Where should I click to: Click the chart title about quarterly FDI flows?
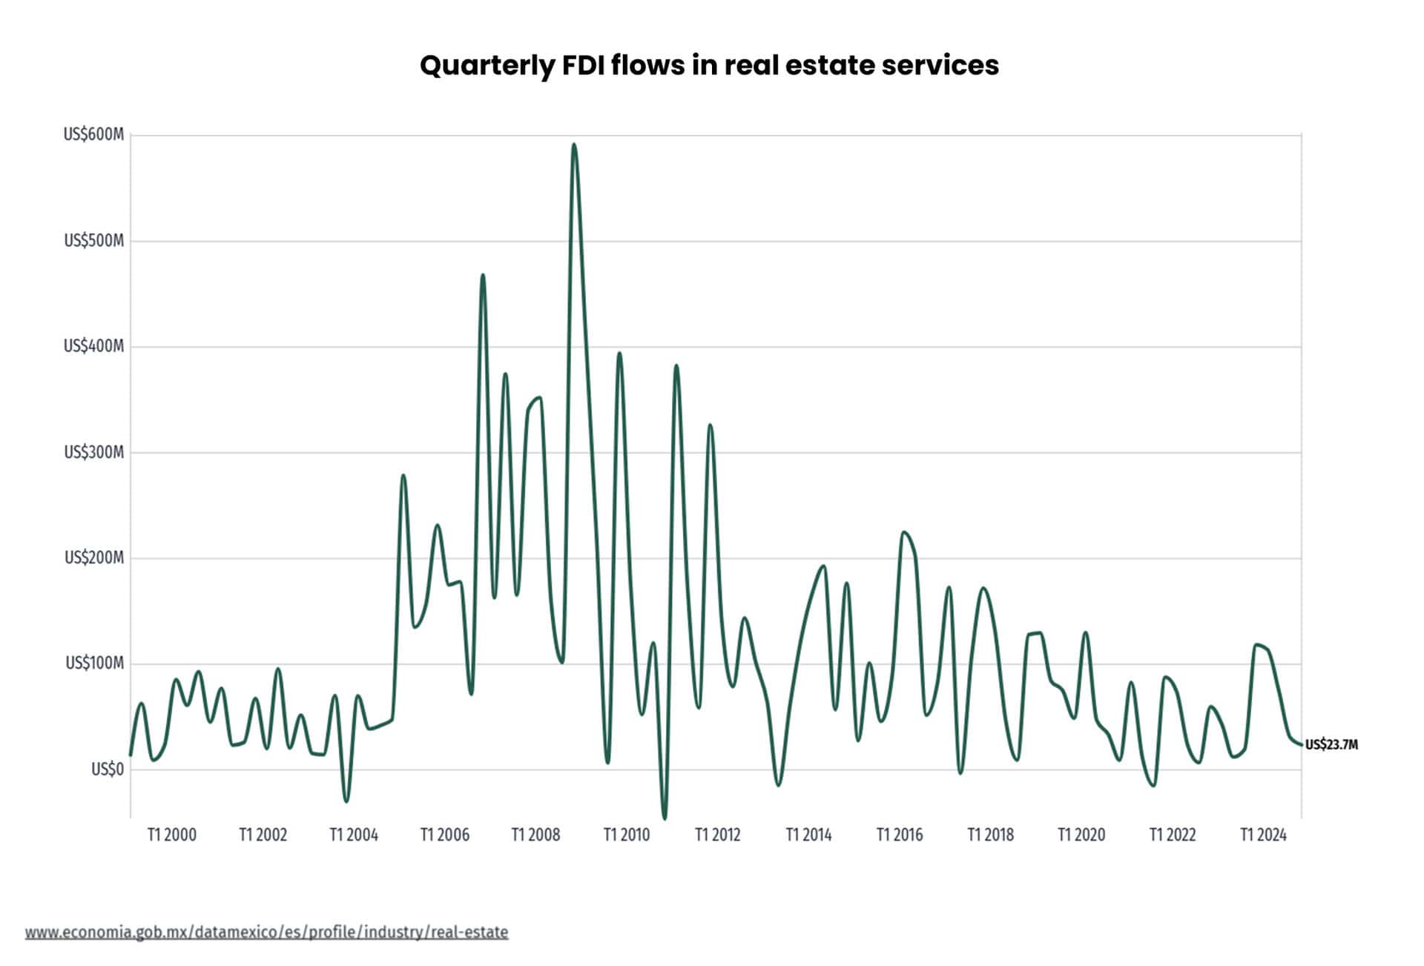pyautogui.click(x=709, y=65)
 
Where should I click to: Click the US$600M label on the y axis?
pyautogui.click(x=93, y=135)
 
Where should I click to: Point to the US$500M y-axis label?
pyautogui.click(x=93, y=241)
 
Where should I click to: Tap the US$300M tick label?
pyautogui.click(x=93, y=452)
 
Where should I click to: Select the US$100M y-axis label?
pyautogui.click(x=94, y=664)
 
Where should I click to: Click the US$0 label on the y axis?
pyautogui.click(x=107, y=770)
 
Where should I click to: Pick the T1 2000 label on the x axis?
pyautogui.click(x=171, y=836)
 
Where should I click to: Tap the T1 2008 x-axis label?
pyautogui.click(x=535, y=836)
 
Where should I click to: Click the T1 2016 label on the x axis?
pyautogui.click(x=900, y=836)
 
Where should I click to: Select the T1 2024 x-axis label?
pyautogui.click(x=1264, y=836)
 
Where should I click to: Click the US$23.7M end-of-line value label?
pyautogui.click(x=1331, y=745)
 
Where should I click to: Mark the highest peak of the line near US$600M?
pyautogui.click(x=574, y=145)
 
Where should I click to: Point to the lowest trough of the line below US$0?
pyautogui.click(x=665, y=818)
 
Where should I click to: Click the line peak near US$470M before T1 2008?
pyautogui.click(x=483, y=275)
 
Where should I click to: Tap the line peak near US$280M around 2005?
pyautogui.click(x=403, y=475)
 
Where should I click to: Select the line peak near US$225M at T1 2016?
pyautogui.click(x=903, y=532)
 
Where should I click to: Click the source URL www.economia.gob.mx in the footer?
pyautogui.click(x=266, y=932)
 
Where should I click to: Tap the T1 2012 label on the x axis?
pyautogui.click(x=717, y=836)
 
